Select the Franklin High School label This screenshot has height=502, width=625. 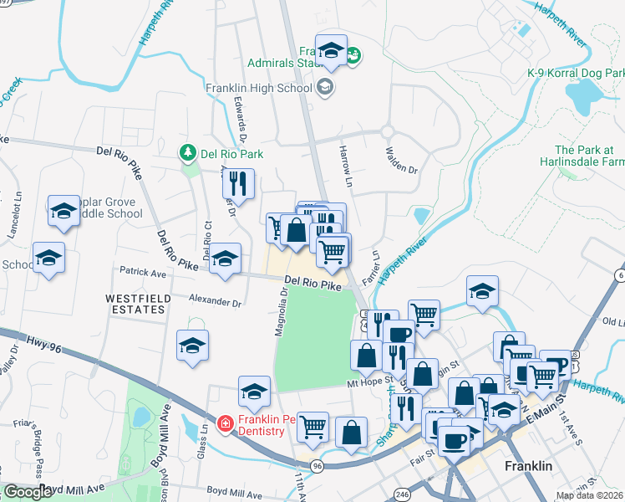[259, 86]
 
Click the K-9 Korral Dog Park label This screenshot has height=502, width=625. [576, 74]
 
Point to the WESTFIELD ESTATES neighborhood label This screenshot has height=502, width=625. [137, 304]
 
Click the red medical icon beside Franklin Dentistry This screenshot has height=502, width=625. [225, 425]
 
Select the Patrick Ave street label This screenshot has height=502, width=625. [143, 272]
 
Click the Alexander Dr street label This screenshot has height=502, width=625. [215, 300]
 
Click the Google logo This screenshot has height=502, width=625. [28, 492]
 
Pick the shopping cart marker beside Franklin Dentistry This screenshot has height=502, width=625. [313, 428]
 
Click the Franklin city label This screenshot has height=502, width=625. [527, 466]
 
